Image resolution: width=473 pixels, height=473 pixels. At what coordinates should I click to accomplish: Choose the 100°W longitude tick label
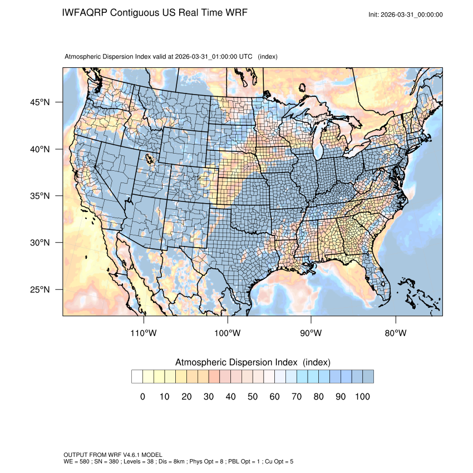pyautogui.click(x=228, y=333)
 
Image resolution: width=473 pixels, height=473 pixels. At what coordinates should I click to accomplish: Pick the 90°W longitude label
pyautogui.click(x=312, y=333)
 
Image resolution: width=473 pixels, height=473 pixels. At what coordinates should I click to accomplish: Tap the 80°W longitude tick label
pyautogui.click(x=396, y=333)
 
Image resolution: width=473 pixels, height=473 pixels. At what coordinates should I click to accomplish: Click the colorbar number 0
pyautogui.click(x=142, y=397)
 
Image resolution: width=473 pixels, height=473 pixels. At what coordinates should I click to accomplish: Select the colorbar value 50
pyautogui.click(x=253, y=397)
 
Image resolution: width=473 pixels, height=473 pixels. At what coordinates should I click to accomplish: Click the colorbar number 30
pyautogui.click(x=209, y=397)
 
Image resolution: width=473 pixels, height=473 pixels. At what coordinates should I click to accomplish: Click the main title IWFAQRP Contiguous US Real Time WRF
pyautogui.click(x=155, y=12)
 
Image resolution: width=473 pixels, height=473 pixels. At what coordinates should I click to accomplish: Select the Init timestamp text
pyautogui.click(x=406, y=14)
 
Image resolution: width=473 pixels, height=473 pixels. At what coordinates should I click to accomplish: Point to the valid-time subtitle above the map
pyautogui.click(x=171, y=57)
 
